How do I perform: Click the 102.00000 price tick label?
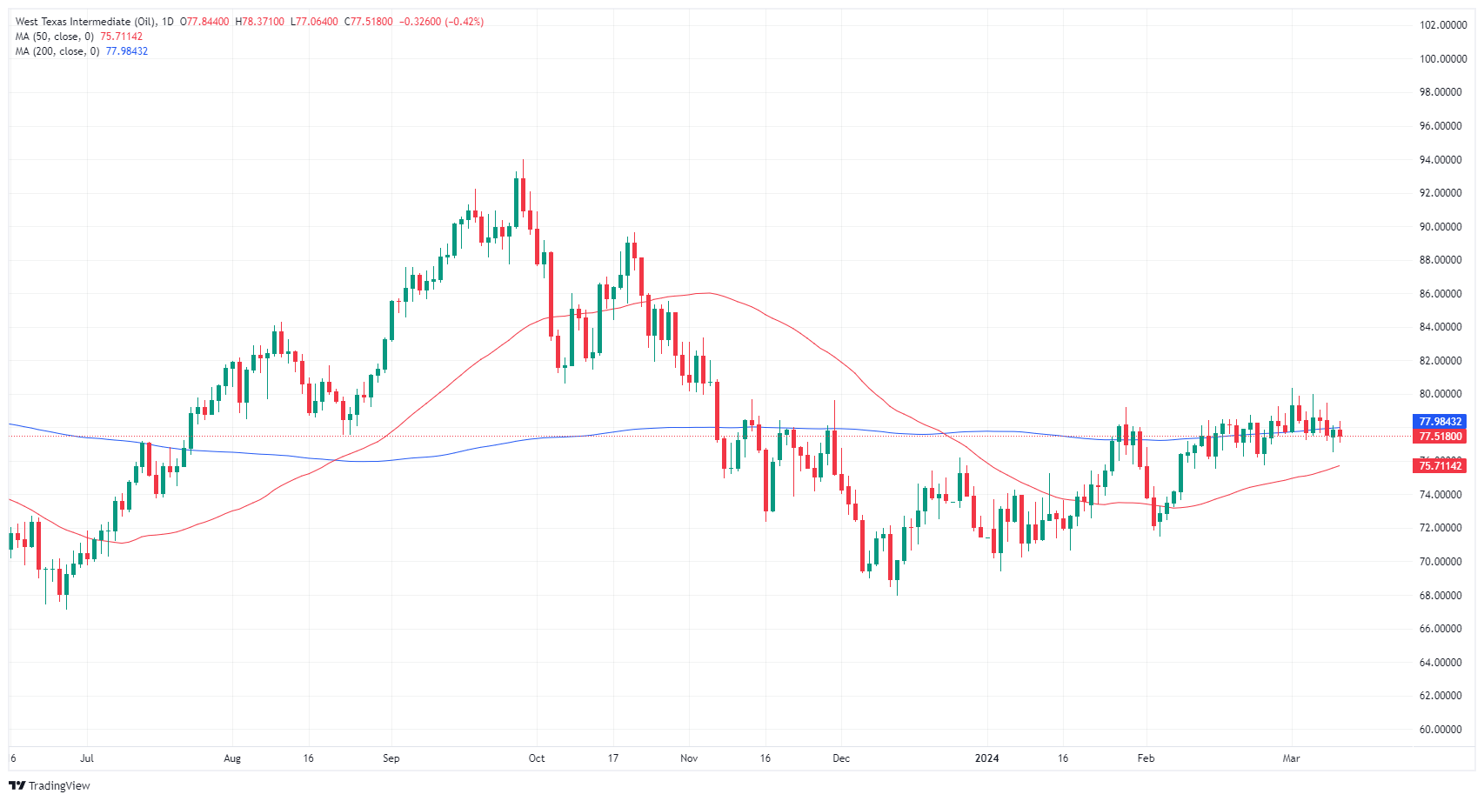[1443, 25]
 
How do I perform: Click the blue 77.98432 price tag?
[1441, 422]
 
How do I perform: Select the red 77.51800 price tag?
[1441, 437]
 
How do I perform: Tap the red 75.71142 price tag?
[1441, 466]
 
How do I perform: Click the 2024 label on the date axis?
[986, 758]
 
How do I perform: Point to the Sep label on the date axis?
[391, 758]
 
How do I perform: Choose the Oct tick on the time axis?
[537, 758]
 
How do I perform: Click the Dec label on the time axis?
[841, 758]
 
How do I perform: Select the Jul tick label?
[87, 758]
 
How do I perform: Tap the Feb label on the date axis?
[1146, 758]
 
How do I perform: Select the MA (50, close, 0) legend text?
[55, 37]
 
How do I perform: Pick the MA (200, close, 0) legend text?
[57, 51]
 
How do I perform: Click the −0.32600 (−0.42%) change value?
[441, 22]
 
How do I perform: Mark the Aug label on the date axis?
[232, 758]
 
